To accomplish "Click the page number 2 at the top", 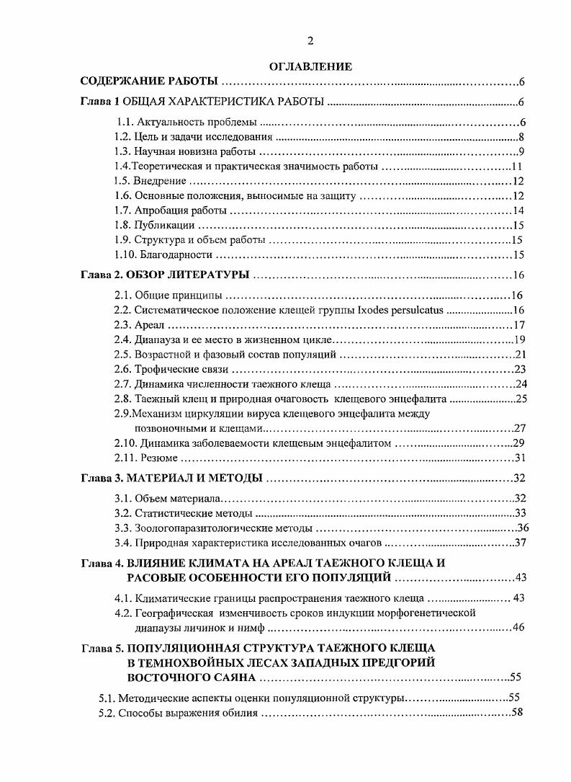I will [310, 40].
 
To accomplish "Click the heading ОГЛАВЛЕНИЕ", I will [310, 67].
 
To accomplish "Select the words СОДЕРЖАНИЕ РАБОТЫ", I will [149, 81].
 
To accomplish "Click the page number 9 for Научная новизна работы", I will [520, 151].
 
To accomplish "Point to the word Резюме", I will [155, 458].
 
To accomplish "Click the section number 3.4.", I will [123, 543].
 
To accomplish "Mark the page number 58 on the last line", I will [516, 713].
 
